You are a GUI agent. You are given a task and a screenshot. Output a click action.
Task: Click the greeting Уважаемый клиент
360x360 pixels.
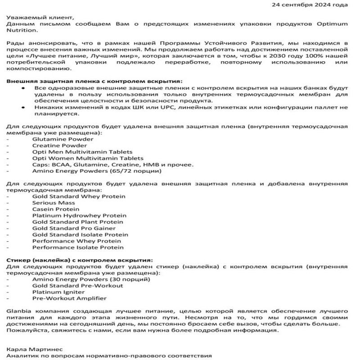pos(34,18)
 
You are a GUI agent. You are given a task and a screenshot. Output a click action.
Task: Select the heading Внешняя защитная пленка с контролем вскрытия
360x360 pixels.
pos(94,81)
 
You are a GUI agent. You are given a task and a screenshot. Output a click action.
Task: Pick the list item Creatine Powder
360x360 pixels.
pos(59,146)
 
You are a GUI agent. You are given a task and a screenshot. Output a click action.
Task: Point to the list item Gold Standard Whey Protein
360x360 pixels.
pos(79,197)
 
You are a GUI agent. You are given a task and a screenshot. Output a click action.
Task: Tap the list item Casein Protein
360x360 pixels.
pos(55,209)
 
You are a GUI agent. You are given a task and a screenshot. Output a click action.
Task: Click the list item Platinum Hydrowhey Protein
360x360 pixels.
pos(79,216)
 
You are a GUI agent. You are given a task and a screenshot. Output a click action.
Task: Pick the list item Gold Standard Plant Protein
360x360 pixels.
pos(77,222)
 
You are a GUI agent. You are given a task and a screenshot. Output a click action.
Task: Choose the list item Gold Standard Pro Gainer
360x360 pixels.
pos(74,228)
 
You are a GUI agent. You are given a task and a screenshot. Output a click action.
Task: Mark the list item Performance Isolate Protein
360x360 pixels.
pos(78,247)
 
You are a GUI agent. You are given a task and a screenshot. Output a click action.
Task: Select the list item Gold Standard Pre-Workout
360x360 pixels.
pos(77,286)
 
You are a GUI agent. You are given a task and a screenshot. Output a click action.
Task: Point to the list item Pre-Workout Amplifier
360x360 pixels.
pos(69,298)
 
